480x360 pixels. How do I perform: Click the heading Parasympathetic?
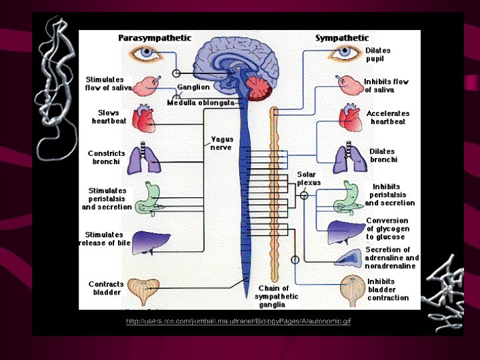click(x=155, y=38)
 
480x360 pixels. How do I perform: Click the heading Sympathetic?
click(x=341, y=38)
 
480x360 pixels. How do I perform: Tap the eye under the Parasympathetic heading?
click(x=143, y=55)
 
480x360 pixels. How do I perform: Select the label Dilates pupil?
click(x=378, y=55)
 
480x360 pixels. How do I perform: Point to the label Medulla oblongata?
click(x=200, y=103)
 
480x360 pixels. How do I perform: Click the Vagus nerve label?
click(x=221, y=143)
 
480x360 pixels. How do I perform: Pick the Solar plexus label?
click(x=309, y=179)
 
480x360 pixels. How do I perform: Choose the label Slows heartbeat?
click(x=109, y=117)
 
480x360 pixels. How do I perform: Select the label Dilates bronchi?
click(x=383, y=155)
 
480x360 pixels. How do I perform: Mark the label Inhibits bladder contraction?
click(x=387, y=289)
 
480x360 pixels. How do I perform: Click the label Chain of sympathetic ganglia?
click(x=278, y=297)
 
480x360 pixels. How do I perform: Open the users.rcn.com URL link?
click(x=238, y=322)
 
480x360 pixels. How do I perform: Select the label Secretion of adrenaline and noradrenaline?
click(x=392, y=258)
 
